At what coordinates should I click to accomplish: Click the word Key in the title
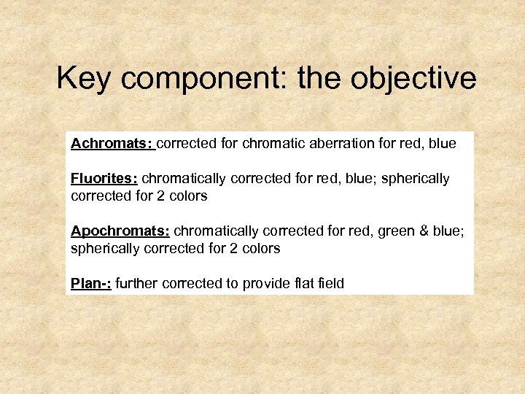84,79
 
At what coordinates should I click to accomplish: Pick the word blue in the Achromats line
443,144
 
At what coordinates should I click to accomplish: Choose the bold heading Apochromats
120,231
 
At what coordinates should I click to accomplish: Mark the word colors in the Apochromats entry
260,249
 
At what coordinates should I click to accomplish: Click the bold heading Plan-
90,284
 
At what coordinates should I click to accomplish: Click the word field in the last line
328,284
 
